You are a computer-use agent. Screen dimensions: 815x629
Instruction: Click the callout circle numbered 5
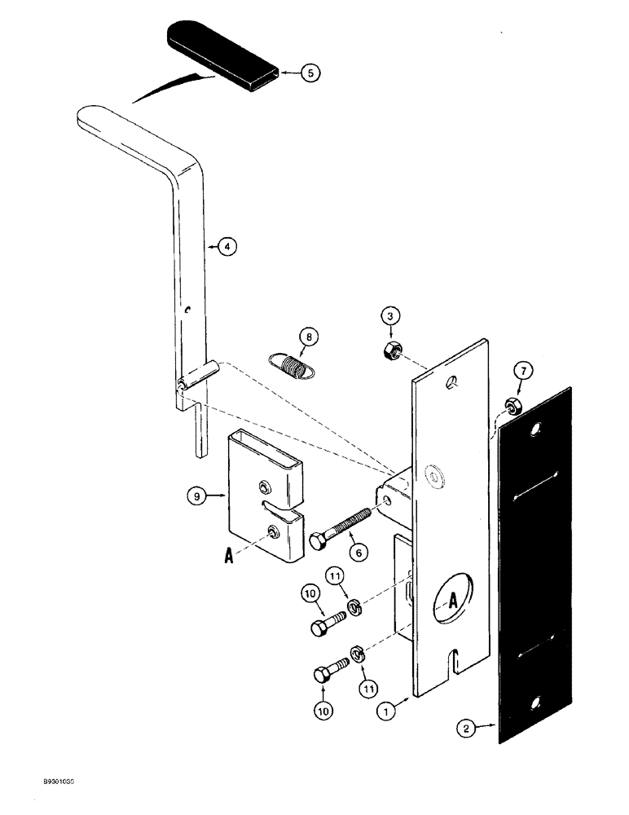pyautogui.click(x=310, y=73)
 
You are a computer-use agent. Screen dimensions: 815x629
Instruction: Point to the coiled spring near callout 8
pyautogui.click(x=290, y=365)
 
